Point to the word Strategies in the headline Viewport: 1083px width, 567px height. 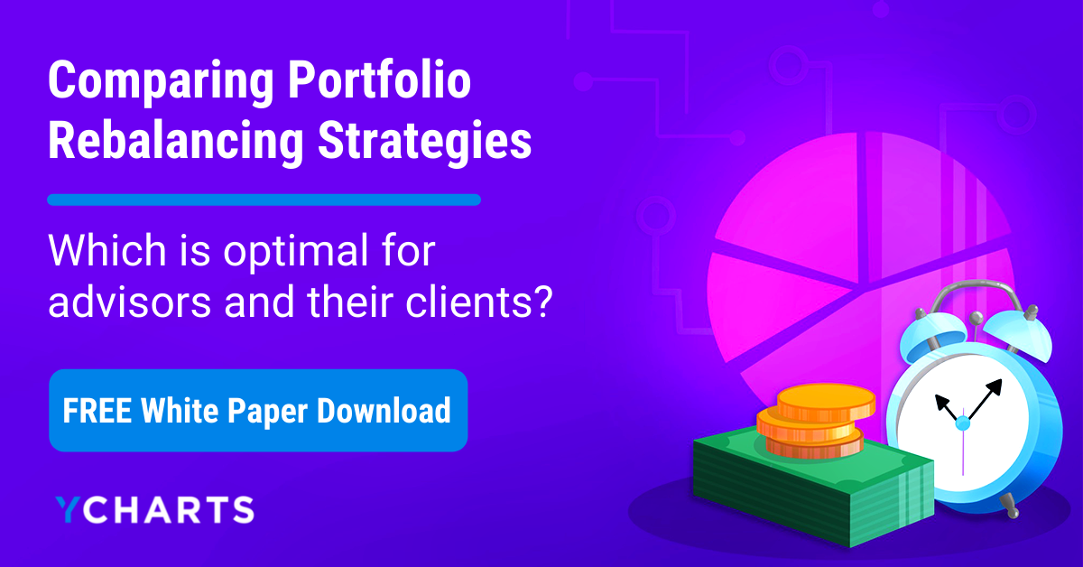(416, 143)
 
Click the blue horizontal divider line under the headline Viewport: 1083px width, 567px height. (264, 200)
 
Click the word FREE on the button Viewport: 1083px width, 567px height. (96, 411)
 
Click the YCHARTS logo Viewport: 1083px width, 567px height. (153, 509)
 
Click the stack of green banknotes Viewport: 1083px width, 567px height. (803, 488)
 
